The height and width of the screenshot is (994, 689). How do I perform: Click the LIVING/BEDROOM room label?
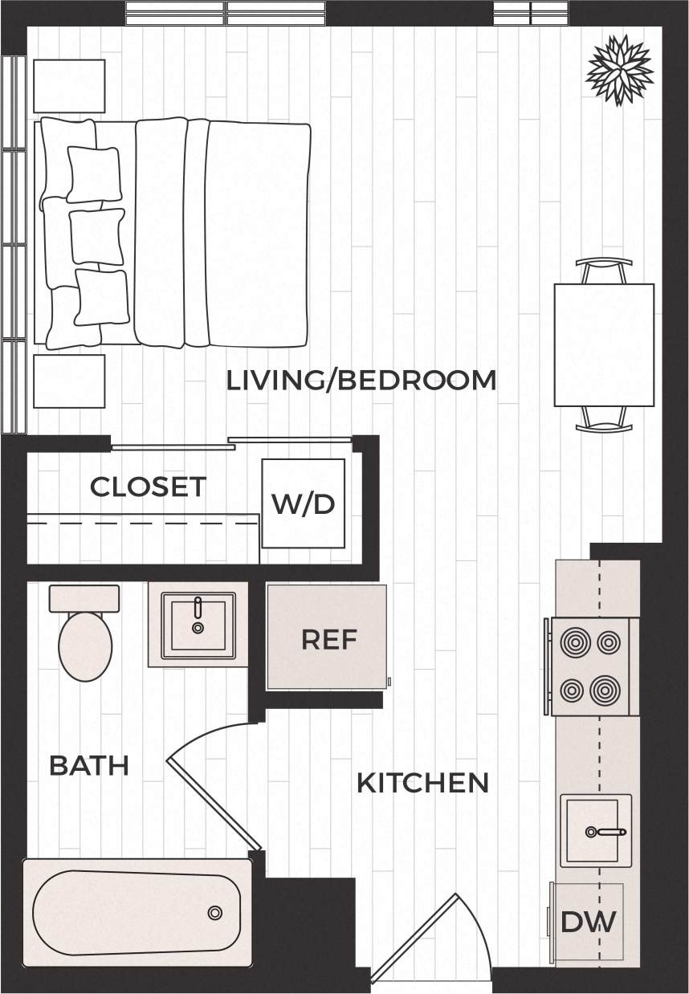[361, 380]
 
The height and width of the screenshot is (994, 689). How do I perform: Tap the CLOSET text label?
[148, 487]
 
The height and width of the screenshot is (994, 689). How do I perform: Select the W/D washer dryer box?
[303, 503]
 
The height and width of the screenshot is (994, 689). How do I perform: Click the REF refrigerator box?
[328, 639]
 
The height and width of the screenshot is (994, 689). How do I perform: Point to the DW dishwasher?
[588, 922]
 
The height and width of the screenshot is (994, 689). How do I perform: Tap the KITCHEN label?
[422, 782]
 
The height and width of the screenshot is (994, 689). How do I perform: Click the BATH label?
[89, 765]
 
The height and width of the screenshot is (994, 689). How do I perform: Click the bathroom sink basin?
[198, 625]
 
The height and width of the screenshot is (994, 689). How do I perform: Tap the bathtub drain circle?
[214, 912]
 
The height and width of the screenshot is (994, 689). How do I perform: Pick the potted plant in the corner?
[618, 71]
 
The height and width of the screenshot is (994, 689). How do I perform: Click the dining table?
[604, 344]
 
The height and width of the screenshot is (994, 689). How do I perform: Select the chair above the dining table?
[604, 271]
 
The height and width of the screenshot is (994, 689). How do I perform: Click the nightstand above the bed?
[69, 86]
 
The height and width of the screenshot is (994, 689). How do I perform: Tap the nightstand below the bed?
[69, 381]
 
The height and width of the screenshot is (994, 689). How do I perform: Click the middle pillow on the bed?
[96, 236]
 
